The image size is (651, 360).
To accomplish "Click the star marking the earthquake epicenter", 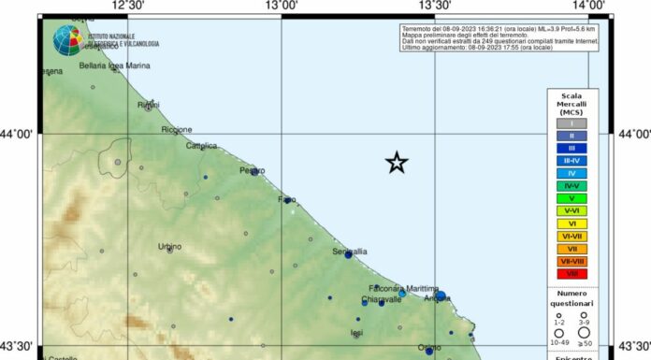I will tap(397, 163).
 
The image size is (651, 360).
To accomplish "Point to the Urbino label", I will tap(169, 247).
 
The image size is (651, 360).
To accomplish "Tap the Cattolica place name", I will tap(201, 146).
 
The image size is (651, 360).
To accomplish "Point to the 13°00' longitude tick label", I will tap(282, 6).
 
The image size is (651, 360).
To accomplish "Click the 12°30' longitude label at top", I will tap(127, 6).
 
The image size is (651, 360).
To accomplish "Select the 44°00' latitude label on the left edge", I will tap(18, 135).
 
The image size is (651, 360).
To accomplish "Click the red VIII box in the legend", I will tap(571, 274).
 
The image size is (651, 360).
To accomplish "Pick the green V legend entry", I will tap(571, 198).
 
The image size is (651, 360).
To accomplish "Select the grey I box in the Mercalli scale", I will tap(571, 122).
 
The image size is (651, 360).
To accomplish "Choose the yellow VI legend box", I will tap(571, 223).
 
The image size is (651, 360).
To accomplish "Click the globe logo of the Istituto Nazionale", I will tap(67, 40).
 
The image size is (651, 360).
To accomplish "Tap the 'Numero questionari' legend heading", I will tap(571, 299).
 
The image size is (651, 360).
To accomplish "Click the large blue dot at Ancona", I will tap(440, 296).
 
